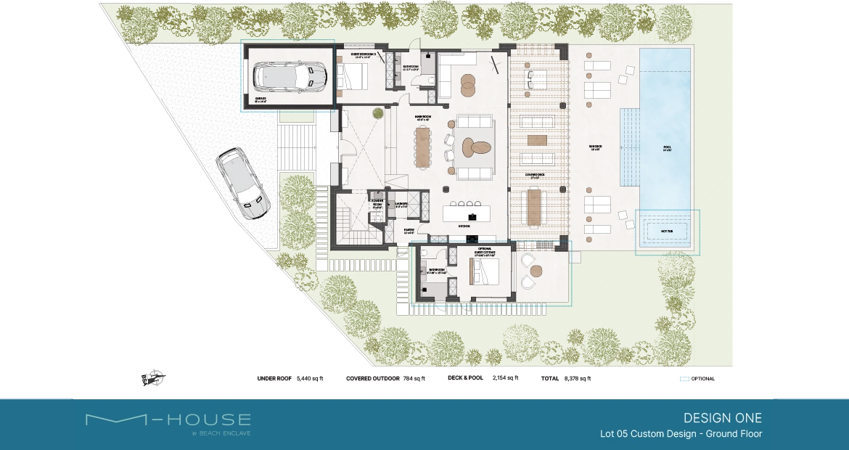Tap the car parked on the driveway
tap(241, 183)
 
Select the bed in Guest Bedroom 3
tap(352, 75)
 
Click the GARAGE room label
tap(261, 99)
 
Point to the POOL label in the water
tap(667, 147)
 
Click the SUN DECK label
tap(596, 147)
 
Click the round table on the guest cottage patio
tap(536, 271)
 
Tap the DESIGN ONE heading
tap(722, 418)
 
